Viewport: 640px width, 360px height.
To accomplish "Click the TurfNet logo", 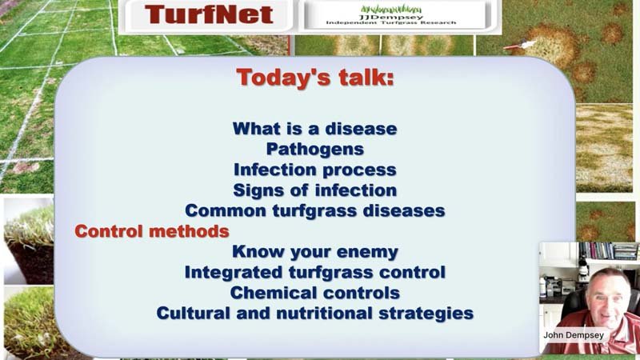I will coord(209,15).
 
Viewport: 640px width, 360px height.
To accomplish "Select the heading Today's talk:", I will coord(314,78).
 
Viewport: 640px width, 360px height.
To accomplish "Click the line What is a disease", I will coord(314,128).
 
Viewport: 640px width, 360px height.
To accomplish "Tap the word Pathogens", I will coord(314,149).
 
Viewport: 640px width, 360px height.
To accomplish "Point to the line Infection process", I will coord(314,170).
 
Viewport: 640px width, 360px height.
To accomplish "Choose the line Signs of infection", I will coord(314,190).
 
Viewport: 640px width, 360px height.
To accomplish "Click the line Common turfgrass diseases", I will coord(314,211).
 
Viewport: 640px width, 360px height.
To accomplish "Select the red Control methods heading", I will coord(152,231).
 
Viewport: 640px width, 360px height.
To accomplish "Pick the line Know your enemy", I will coord(314,252).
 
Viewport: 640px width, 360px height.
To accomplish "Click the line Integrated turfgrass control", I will coord(314,272).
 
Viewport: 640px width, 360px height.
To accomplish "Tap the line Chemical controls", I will coord(314,293).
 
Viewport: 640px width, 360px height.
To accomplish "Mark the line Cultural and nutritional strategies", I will coord(314,314).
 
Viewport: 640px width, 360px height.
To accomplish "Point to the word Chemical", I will coord(271,293).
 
